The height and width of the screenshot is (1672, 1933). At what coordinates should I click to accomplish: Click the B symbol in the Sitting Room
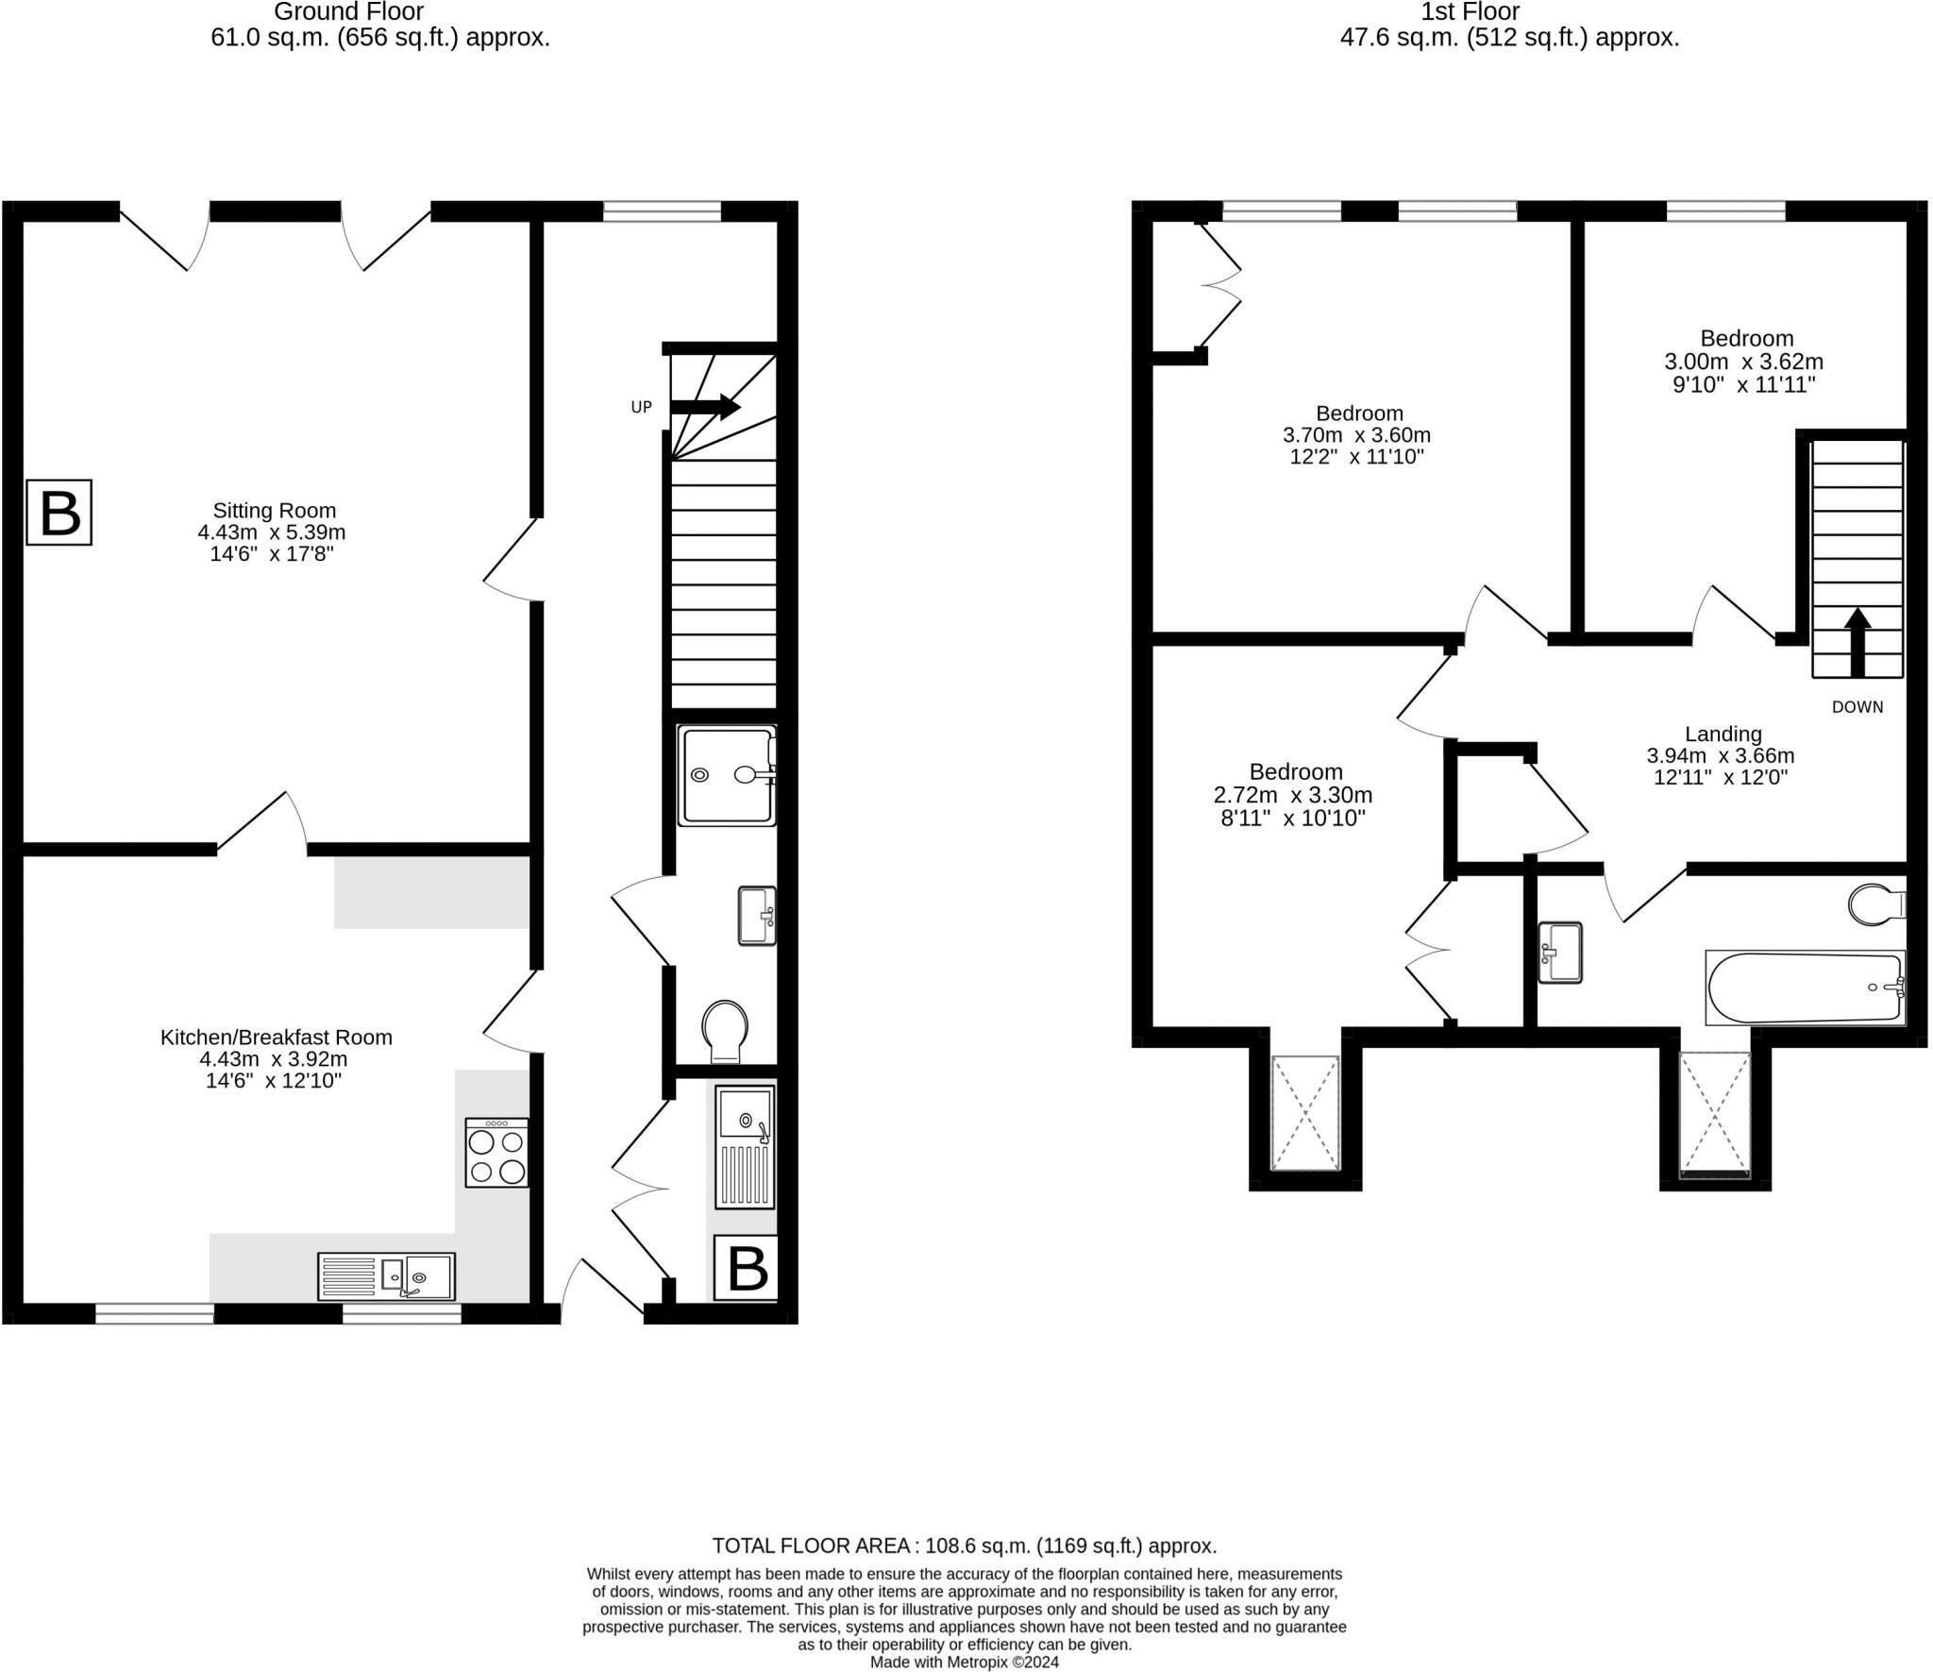coord(59,513)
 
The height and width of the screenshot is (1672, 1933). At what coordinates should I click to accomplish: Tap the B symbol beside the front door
coord(746,1267)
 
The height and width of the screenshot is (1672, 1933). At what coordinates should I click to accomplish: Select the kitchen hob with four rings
coord(497,1153)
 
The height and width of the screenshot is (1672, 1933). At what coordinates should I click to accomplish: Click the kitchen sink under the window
coord(386,1276)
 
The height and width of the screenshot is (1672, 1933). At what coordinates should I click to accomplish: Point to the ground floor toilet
coord(726,1032)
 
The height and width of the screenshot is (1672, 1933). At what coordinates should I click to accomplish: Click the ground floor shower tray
coord(727,776)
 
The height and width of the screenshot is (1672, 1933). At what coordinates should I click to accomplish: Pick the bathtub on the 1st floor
coord(1806,988)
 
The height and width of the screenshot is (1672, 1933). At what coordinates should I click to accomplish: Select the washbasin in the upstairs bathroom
coord(1560,953)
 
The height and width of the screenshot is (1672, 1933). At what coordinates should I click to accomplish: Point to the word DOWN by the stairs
coord(1857,707)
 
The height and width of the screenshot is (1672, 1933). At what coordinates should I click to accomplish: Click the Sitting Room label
coord(274,511)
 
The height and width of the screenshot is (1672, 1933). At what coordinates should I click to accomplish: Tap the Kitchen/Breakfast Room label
coord(276,1037)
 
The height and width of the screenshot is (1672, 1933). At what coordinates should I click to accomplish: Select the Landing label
coord(1723,734)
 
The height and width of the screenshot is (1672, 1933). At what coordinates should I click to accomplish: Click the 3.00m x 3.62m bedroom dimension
coord(1743,362)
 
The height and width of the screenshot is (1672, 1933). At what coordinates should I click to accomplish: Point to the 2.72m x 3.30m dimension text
coord(1293,795)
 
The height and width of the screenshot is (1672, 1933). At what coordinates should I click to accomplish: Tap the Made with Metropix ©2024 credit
coord(965,1663)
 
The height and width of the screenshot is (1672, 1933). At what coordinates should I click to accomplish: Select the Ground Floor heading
coord(349,12)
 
